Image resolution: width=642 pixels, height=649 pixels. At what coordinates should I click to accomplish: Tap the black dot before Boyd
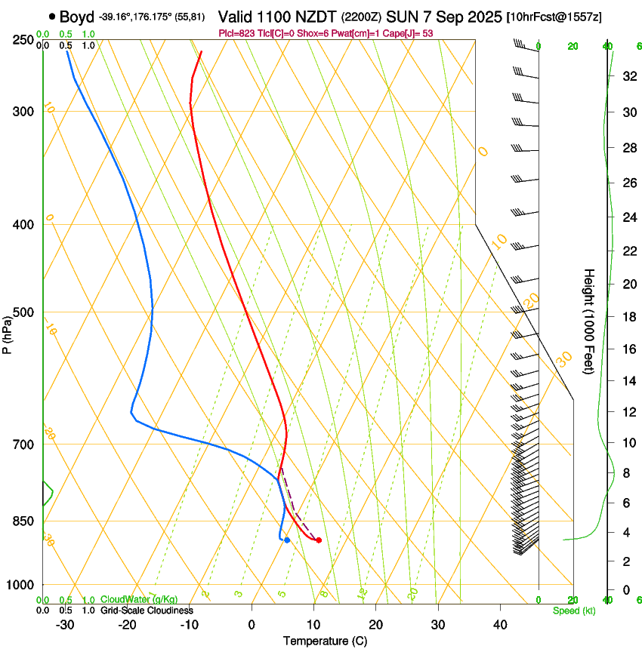52,16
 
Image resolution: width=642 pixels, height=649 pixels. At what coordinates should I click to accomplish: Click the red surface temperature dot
319,540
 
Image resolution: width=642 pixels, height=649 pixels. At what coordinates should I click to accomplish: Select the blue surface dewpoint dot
287,540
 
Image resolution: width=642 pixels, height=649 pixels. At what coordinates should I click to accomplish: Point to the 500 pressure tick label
23,312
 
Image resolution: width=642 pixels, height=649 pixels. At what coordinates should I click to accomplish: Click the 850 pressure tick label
23,521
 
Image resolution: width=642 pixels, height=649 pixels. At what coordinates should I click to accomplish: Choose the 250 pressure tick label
23,40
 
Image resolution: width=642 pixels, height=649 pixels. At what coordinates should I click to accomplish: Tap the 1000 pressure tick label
20,585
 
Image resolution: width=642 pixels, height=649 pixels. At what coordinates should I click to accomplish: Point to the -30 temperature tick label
65,625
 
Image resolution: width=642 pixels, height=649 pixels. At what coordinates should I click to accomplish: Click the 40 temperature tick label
500,625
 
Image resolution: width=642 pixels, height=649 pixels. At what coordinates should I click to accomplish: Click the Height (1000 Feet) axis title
590,321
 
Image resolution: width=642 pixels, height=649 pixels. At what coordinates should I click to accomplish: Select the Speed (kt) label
574,611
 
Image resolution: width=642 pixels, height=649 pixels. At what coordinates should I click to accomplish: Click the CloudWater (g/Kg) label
129,600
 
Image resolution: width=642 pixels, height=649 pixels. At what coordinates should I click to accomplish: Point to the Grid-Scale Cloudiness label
147,611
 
